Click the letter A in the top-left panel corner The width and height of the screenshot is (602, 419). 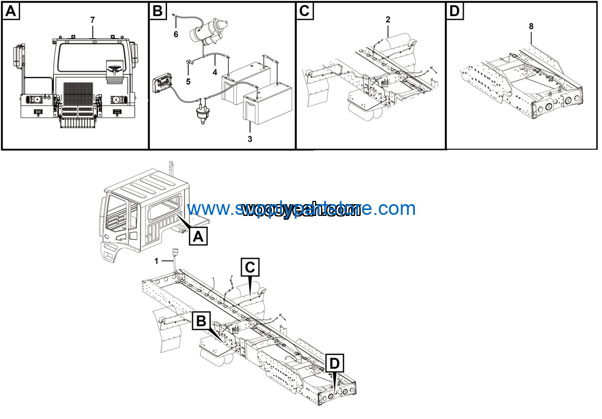[11, 11]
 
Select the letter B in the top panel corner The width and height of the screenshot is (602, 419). [158, 11]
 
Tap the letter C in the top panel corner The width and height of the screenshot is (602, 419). [305, 11]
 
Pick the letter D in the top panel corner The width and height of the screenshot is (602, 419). [455, 11]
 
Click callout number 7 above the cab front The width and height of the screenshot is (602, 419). [93, 20]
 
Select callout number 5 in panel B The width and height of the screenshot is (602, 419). [188, 82]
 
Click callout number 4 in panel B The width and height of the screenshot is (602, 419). [214, 72]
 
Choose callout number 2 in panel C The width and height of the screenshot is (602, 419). [388, 20]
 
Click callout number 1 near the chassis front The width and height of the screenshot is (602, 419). [156, 261]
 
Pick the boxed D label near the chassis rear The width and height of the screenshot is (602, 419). [335, 364]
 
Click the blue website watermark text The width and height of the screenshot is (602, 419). [302, 208]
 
